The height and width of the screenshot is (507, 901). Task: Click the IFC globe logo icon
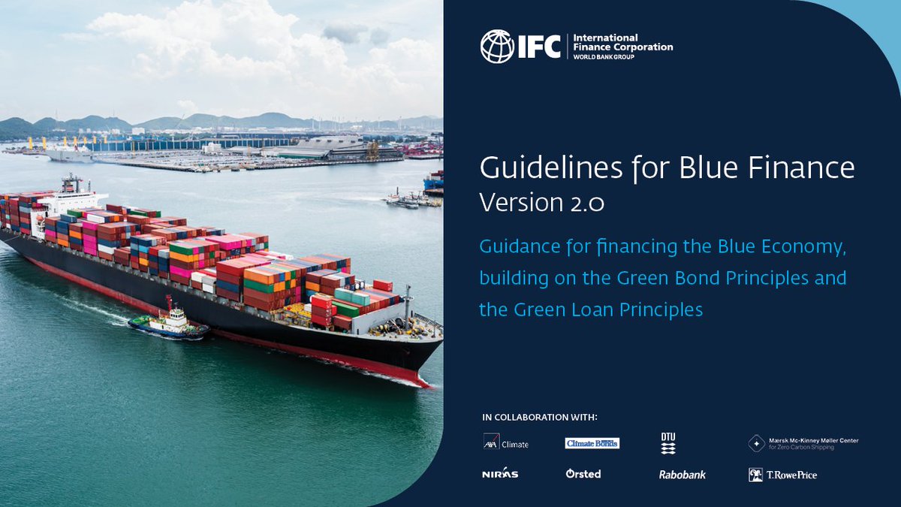click(496, 46)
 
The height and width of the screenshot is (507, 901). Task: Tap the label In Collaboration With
click(544, 417)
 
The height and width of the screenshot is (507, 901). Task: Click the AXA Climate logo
click(505, 443)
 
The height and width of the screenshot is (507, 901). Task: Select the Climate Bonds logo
click(592, 443)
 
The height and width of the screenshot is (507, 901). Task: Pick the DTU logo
click(668, 443)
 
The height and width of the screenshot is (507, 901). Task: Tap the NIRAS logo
click(500, 474)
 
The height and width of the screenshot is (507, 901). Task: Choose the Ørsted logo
click(583, 474)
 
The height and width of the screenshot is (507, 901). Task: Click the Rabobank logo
click(683, 475)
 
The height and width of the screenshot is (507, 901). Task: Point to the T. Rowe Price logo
click(782, 475)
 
